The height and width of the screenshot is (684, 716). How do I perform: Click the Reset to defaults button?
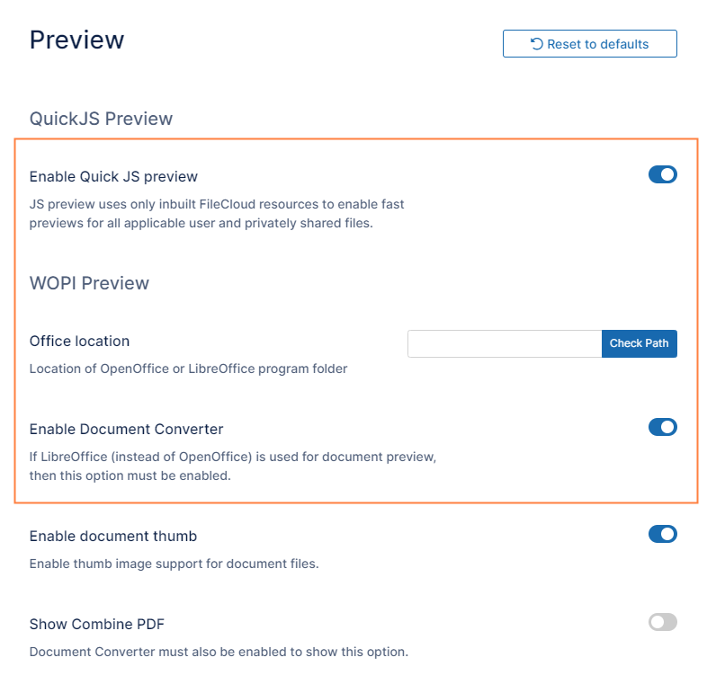pyautogui.click(x=589, y=44)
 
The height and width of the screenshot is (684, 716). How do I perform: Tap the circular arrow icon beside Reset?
pyautogui.click(x=536, y=44)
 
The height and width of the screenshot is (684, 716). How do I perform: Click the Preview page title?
pyautogui.click(x=76, y=40)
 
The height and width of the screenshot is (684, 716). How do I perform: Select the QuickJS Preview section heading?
pyautogui.click(x=101, y=119)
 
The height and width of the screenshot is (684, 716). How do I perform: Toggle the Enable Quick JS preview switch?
pyautogui.click(x=663, y=174)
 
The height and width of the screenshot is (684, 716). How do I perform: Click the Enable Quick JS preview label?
pyautogui.click(x=113, y=176)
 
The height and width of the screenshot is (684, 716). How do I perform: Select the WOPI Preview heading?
pyautogui.click(x=89, y=283)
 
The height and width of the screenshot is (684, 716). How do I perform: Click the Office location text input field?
pyautogui.click(x=505, y=343)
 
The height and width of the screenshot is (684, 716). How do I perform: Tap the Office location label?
pyautogui.click(x=79, y=342)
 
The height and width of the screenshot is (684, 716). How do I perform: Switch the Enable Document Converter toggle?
pyautogui.click(x=663, y=427)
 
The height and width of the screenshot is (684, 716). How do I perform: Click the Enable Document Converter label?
pyautogui.click(x=127, y=430)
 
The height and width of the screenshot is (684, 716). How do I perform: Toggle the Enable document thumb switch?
pyautogui.click(x=663, y=534)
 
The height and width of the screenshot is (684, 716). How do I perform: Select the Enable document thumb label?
pyautogui.click(x=113, y=537)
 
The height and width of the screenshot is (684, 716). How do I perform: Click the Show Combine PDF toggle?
pyautogui.click(x=663, y=622)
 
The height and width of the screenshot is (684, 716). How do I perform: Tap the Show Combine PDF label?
pyautogui.click(x=97, y=624)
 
